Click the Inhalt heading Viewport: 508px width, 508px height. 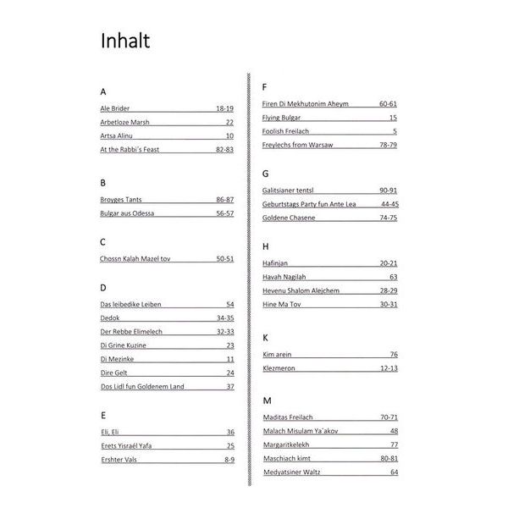point(125,41)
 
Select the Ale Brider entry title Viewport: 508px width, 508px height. point(115,108)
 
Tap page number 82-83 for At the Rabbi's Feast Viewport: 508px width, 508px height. point(224,149)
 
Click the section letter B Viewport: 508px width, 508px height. point(102,182)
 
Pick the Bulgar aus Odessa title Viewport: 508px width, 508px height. point(127,213)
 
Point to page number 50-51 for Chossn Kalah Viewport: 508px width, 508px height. point(224,257)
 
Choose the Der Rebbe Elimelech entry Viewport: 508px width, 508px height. point(131,331)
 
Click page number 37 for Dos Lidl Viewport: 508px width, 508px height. point(229,386)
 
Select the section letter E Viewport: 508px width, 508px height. point(102,415)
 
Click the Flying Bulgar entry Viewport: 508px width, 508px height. point(281,117)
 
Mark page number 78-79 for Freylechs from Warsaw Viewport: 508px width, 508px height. point(388,145)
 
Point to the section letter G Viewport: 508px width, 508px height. point(266,174)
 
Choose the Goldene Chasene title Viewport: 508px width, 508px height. point(289,218)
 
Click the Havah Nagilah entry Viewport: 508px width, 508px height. point(284,277)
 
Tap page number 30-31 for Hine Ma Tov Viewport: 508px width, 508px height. point(388,304)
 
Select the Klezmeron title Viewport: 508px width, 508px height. point(283,368)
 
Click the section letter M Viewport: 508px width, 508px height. point(267,400)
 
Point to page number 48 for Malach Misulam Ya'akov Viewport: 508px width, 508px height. point(394,431)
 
